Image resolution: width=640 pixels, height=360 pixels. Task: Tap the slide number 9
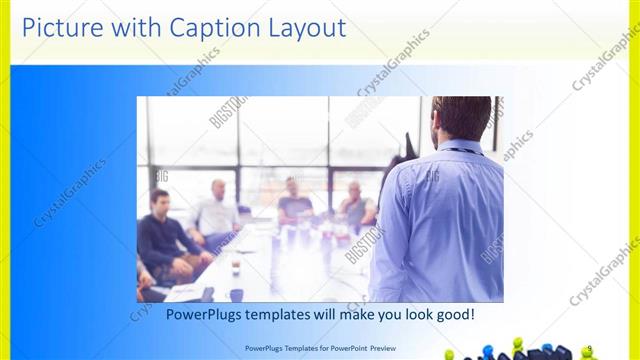click(x=589, y=348)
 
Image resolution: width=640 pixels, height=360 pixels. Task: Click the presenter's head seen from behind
click(x=461, y=119)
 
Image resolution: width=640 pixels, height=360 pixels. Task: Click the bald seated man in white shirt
click(x=217, y=212)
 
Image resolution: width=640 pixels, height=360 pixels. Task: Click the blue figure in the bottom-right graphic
click(x=488, y=351)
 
